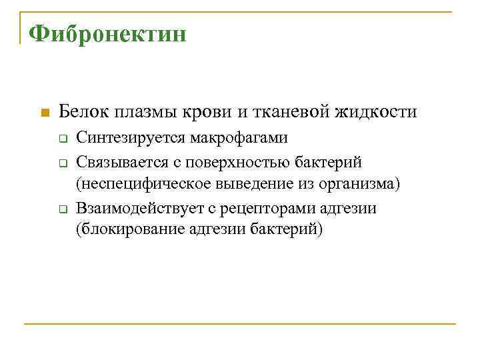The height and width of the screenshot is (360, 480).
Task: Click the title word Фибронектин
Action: click(x=107, y=33)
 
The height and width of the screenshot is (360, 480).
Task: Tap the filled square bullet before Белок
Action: click(x=44, y=112)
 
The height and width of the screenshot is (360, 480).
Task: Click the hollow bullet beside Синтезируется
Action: click(x=60, y=139)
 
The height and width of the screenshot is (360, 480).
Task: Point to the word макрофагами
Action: click(x=238, y=139)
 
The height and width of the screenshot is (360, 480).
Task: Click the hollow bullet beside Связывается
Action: click(x=60, y=163)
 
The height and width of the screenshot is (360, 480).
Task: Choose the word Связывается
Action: click(x=123, y=162)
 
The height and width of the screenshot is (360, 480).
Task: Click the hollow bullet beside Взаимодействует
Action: click(x=60, y=209)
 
